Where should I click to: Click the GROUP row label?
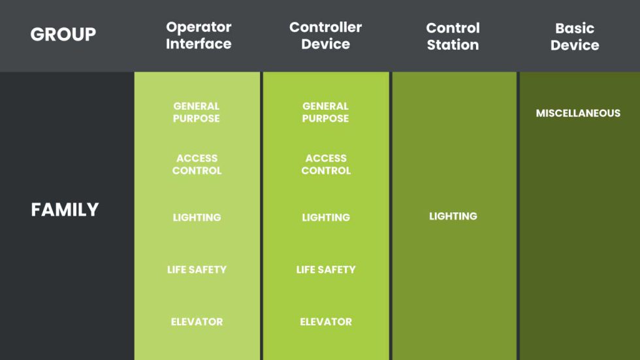pos(63,34)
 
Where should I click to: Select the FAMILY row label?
pos(65,210)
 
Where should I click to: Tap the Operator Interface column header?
pos(199,35)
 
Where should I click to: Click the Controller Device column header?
pos(326,35)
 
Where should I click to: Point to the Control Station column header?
pos(453,37)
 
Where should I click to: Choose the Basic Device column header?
pos(575,37)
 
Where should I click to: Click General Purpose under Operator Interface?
pos(197,112)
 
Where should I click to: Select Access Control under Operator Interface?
pos(197,165)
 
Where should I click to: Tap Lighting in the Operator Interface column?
pos(197,218)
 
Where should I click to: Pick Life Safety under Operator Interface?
pos(197,270)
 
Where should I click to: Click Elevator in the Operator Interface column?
pos(197,321)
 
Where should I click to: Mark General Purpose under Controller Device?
pos(325,112)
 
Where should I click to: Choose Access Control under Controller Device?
pos(326,165)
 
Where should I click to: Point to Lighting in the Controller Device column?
pos(326,218)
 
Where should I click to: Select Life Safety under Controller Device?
pos(326,270)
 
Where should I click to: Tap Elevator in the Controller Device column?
pos(326,321)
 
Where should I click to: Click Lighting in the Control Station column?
pos(453,216)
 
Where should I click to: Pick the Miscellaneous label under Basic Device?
pos(578,113)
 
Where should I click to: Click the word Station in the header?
pos(453,45)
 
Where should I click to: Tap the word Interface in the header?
pos(199,44)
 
